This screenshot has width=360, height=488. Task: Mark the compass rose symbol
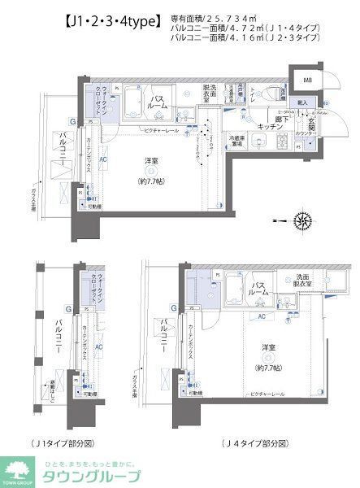coord(301,219)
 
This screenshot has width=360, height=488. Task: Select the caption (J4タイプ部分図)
coord(256,443)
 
